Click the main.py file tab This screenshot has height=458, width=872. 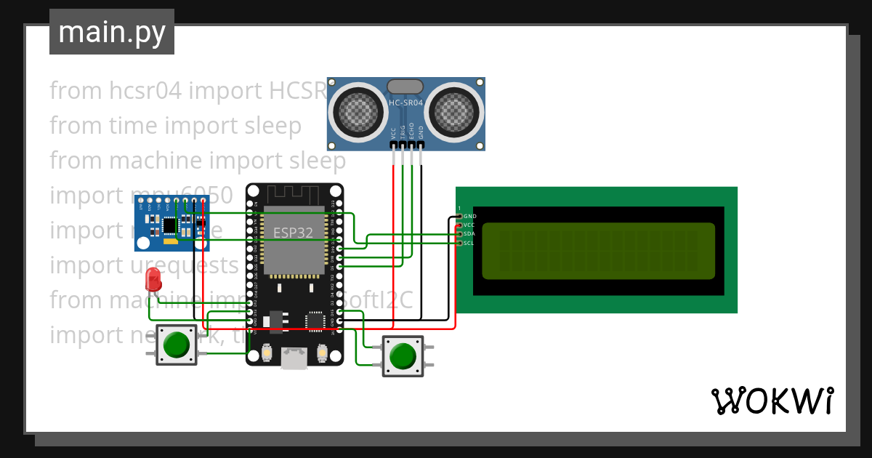(x=111, y=32)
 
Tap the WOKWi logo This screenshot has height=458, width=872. (x=772, y=401)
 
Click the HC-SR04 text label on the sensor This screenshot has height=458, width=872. (x=405, y=103)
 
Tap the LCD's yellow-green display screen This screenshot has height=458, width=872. (x=597, y=251)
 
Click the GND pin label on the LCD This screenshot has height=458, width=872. (x=469, y=216)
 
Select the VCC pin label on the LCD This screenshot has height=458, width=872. (x=469, y=225)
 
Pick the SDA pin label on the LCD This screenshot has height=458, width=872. (x=469, y=234)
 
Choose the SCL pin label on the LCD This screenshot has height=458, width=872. (x=469, y=243)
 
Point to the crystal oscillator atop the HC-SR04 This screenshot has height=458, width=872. (x=405, y=87)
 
